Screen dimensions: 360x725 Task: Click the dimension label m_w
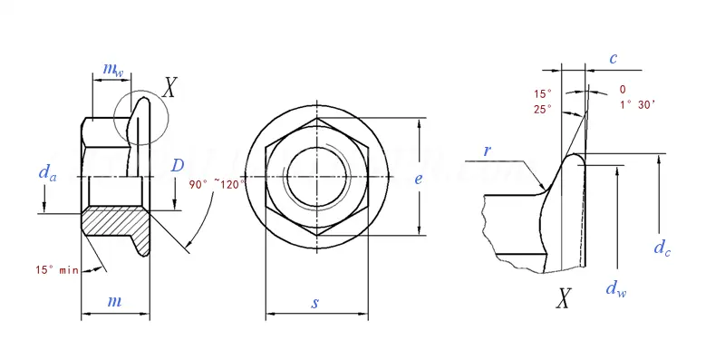click(111, 69)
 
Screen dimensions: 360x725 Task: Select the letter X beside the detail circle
click(169, 87)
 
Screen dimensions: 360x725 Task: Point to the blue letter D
click(178, 165)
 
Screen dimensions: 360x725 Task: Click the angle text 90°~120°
click(217, 184)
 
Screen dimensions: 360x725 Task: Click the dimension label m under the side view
click(115, 301)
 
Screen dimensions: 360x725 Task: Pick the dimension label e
click(418, 179)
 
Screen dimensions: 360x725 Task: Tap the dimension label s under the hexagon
click(315, 303)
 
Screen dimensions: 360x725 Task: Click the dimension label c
click(614, 58)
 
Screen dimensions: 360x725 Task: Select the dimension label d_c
click(662, 247)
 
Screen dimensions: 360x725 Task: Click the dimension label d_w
click(614, 289)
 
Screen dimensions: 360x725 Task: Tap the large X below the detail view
click(564, 298)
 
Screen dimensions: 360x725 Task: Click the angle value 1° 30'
click(637, 105)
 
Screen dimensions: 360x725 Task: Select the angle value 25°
click(542, 109)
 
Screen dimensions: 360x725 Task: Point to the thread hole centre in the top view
click(316, 176)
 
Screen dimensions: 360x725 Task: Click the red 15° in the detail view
click(542, 93)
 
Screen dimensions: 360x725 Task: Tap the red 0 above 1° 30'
click(622, 90)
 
